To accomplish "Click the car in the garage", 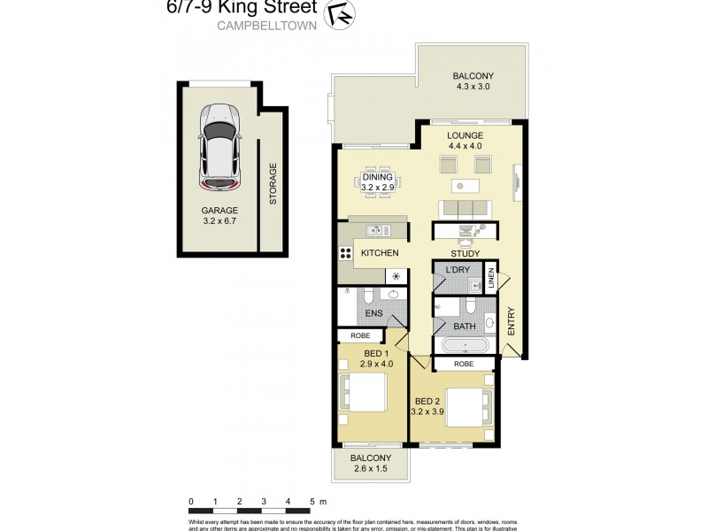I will (219, 147).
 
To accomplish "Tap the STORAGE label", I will (273, 183).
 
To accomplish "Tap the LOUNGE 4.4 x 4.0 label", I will (465, 141).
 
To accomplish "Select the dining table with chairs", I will (381, 182).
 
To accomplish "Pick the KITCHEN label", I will (380, 254).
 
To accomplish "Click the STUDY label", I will (466, 254).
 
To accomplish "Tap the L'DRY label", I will (457, 269).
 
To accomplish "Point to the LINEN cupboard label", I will (491, 275).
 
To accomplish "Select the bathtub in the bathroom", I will (464, 345).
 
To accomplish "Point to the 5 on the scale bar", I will (312, 502).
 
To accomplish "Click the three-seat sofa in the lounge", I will (465, 209).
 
